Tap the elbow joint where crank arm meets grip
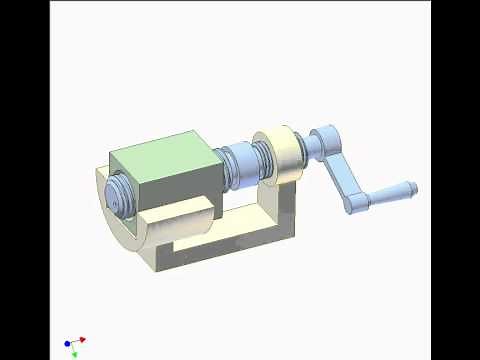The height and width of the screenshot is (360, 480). (354, 203)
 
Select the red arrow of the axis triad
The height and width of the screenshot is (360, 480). (80, 340)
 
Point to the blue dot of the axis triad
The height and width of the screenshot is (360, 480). (67, 344)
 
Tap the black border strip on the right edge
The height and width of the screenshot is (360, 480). (456, 180)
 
